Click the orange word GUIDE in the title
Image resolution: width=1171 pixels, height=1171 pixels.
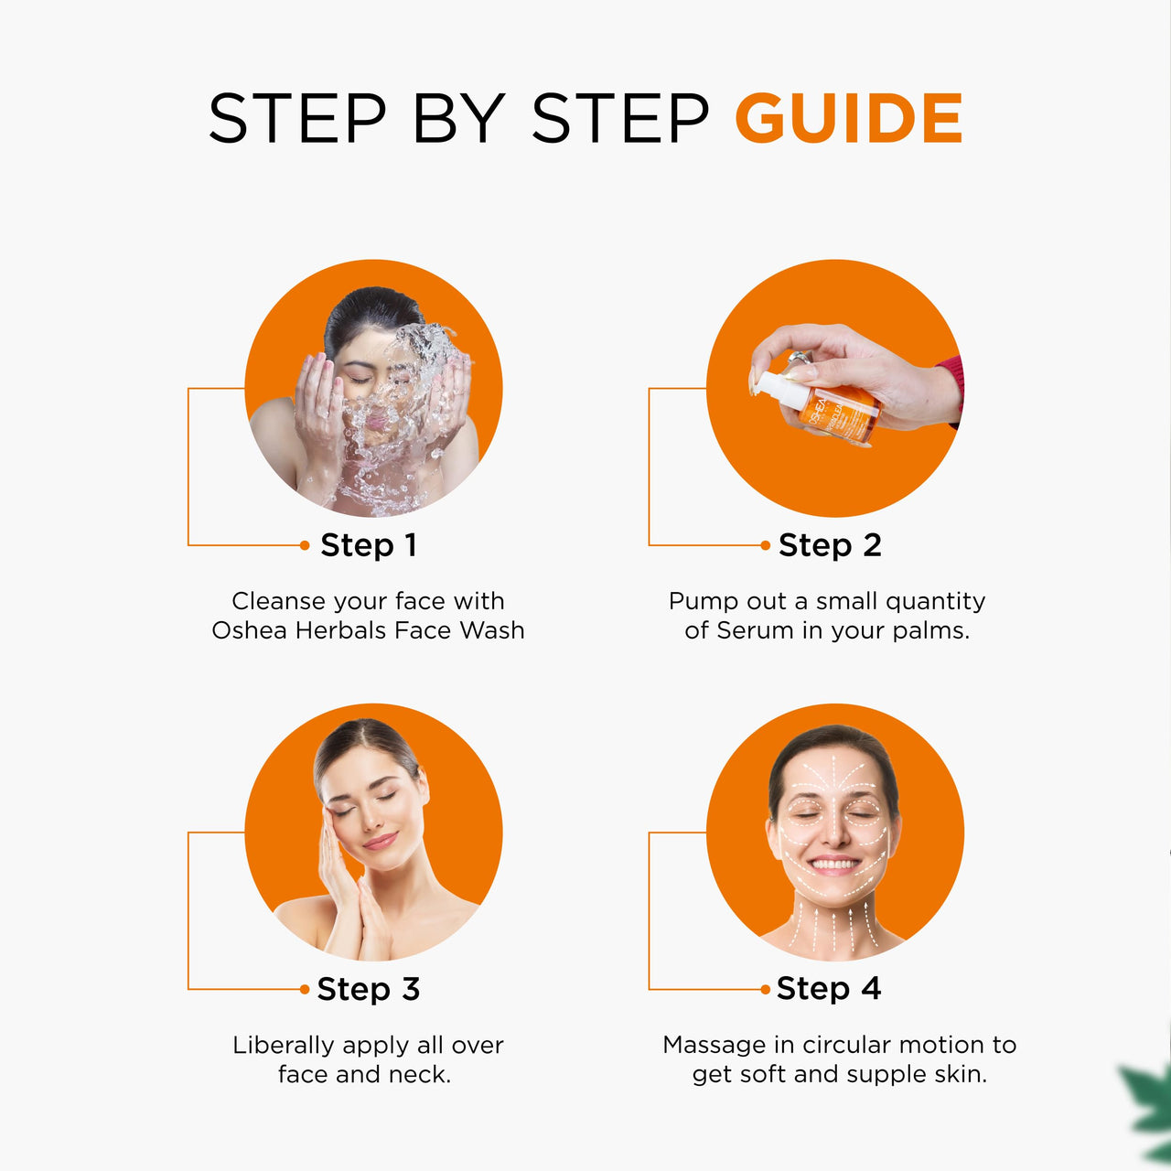tap(848, 118)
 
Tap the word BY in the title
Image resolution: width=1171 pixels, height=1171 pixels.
tap(459, 118)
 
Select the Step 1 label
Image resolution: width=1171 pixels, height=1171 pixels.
tap(369, 544)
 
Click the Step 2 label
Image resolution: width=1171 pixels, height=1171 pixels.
tap(830, 544)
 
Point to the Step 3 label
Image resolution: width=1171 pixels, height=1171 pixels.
tap(369, 989)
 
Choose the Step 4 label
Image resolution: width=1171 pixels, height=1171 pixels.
tap(828, 988)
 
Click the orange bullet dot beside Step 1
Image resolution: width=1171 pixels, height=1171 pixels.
tap(305, 545)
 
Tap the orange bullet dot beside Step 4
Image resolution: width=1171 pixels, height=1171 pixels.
tap(765, 989)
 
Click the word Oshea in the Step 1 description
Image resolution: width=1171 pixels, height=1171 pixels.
tap(249, 630)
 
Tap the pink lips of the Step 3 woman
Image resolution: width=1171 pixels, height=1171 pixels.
tap(381, 841)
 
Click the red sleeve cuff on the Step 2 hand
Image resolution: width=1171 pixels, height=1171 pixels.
tap(953, 386)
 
